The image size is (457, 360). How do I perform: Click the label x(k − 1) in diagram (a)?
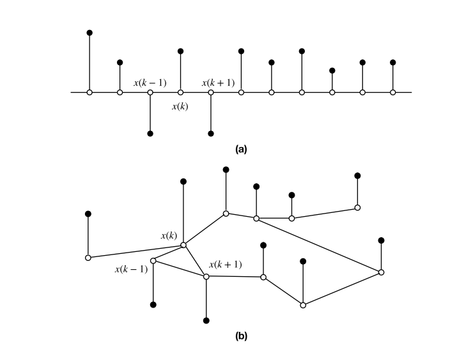point(150,82)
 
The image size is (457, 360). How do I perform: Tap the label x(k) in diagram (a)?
point(180,106)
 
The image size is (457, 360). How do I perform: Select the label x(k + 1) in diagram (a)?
point(218,82)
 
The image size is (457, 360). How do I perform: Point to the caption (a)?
point(241,149)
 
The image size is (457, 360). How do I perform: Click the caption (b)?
point(241,334)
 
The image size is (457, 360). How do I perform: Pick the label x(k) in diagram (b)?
point(169,235)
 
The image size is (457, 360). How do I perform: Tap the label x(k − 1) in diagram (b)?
point(131,269)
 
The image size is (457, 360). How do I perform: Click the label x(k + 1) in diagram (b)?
point(225,264)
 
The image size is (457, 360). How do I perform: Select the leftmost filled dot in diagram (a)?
point(89,32)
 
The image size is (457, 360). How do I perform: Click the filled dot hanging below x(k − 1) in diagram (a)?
point(150,134)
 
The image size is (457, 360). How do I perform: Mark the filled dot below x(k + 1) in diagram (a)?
point(211,134)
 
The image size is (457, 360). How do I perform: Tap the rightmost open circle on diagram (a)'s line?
point(392,93)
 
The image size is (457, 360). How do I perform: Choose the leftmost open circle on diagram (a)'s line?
point(89,93)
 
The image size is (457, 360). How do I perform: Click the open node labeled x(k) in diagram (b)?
point(183,245)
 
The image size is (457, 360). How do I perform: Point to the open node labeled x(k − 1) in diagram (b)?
point(153,260)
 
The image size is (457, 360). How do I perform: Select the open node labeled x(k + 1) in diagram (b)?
point(206,277)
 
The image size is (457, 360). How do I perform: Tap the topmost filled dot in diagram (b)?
point(226,169)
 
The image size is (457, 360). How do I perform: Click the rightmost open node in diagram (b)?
point(381,272)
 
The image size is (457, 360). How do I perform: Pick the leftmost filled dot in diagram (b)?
point(88,214)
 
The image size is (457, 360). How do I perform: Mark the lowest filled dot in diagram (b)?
point(206,320)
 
